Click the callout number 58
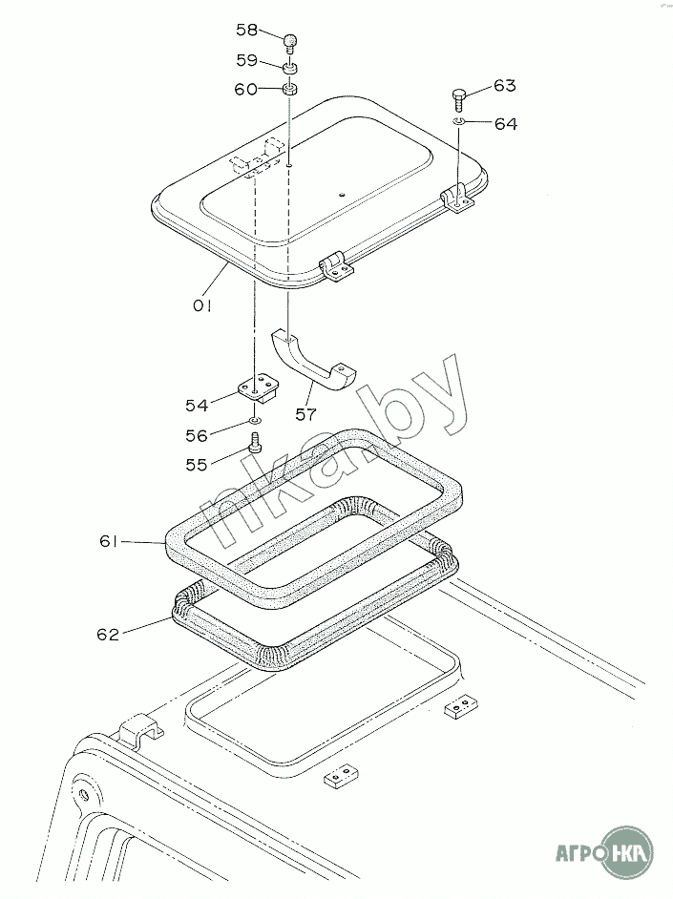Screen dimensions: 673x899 click(x=247, y=30)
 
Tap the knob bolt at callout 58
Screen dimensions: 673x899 click(x=290, y=44)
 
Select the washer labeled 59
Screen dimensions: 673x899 click(x=290, y=68)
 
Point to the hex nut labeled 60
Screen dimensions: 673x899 click(x=289, y=90)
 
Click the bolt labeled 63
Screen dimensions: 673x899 click(x=459, y=101)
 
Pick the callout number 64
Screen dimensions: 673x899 click(x=506, y=124)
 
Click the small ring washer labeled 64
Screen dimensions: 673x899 click(x=458, y=121)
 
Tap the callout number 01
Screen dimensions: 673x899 click(x=202, y=306)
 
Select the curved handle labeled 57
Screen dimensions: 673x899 click(x=312, y=361)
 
